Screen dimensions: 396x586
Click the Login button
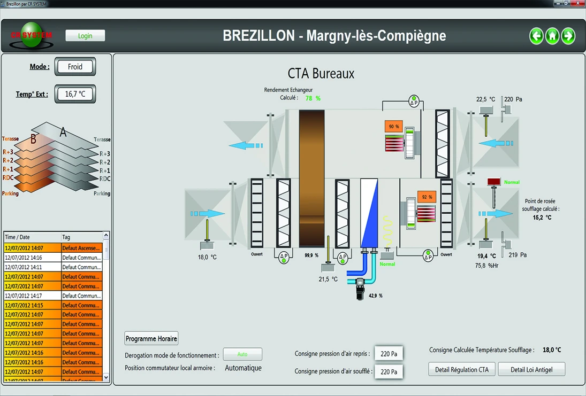tap(85, 36)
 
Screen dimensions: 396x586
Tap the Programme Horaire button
tap(151, 338)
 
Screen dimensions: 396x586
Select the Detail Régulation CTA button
tap(461, 369)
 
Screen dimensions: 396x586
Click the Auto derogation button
tap(242, 354)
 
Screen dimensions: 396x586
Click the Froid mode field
tap(75, 67)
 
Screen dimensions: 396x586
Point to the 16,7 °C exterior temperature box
tap(75, 94)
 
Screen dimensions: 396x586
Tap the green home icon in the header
tap(552, 36)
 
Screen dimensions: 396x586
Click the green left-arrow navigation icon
tap(536, 36)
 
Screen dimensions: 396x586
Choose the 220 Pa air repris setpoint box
tap(389, 353)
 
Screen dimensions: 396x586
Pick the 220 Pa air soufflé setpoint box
tap(389, 371)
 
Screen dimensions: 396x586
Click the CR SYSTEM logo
tap(31, 35)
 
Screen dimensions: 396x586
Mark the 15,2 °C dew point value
tap(542, 218)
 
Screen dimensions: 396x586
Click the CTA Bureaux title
tap(321, 74)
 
